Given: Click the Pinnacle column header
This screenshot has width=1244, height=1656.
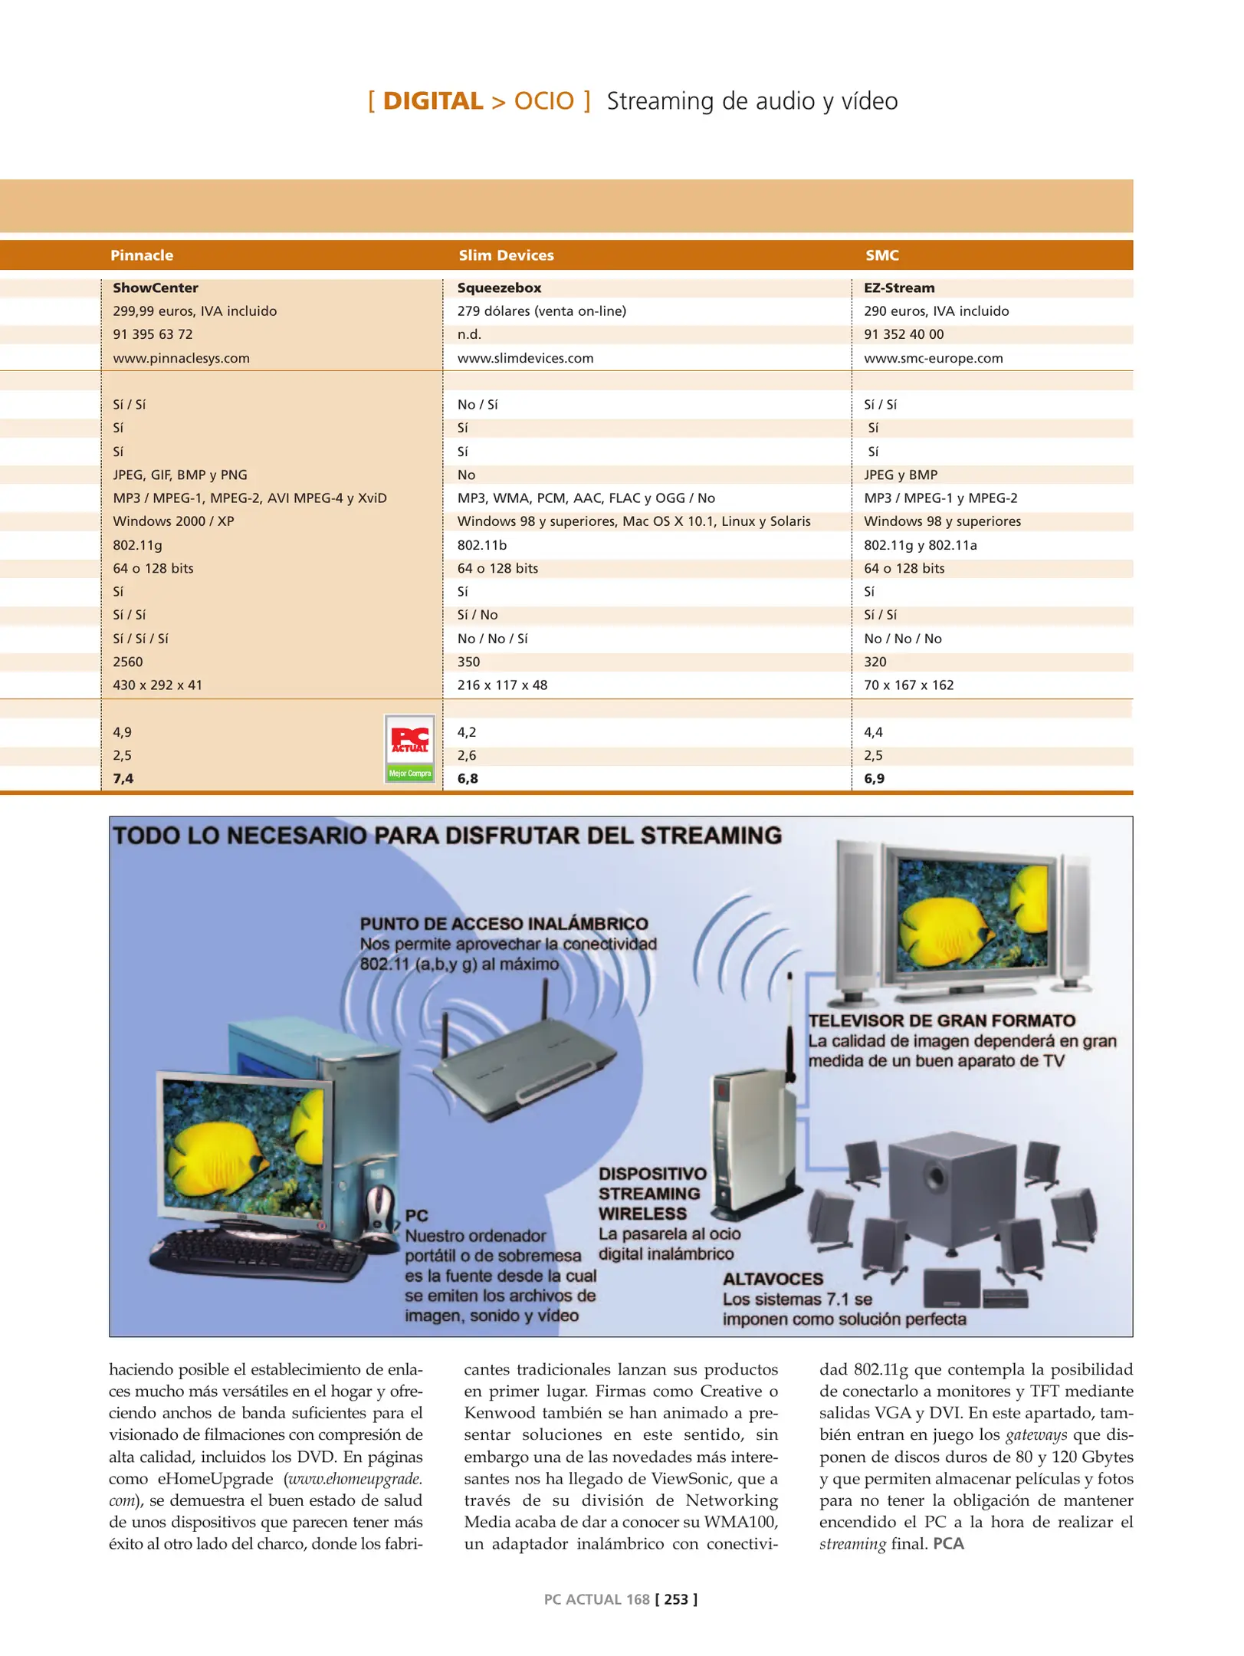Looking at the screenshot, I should pos(142,255).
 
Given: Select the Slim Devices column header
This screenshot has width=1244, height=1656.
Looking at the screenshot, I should pos(506,255).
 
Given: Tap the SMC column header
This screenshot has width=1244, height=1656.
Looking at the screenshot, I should pos(881,255).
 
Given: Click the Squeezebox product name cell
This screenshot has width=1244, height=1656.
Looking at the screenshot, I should pos(499,288).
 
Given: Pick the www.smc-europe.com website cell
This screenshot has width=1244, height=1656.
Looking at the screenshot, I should pos(933,358).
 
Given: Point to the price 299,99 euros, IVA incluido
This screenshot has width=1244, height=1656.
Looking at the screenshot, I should pos(195,311).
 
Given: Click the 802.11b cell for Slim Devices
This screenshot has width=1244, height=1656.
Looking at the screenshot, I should pos(481,545).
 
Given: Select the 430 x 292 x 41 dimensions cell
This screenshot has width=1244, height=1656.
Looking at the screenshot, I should pos(157,685).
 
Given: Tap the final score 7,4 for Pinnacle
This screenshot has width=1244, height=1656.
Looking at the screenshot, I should pos(123,779).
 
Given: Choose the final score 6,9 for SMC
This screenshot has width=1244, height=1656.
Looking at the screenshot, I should pos(874,779).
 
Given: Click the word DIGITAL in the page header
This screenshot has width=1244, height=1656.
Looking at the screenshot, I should pos(432,101).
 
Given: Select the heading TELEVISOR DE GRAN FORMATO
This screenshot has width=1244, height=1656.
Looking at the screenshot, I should pos(941,1021).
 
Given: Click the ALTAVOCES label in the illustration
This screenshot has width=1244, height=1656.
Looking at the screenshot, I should pos(773,1279).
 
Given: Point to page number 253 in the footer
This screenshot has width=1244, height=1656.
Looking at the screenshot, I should pos(676,1599).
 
